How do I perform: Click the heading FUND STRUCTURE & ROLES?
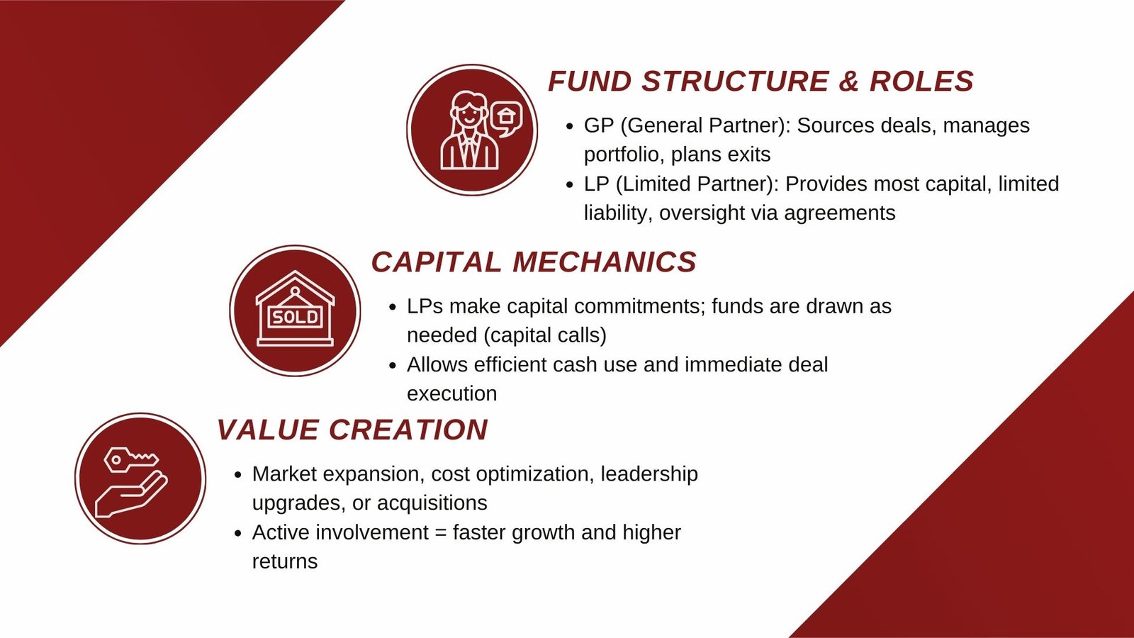click(x=760, y=81)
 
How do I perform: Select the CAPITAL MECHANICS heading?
click(x=534, y=262)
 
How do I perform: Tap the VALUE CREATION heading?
click(x=352, y=430)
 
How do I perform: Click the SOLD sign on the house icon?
click(x=295, y=317)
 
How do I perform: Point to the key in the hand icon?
click(x=130, y=460)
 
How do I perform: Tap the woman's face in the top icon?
click(x=468, y=113)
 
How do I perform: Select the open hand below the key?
click(x=131, y=495)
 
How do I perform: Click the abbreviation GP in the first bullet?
click(x=599, y=125)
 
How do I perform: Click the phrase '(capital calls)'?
click(x=545, y=336)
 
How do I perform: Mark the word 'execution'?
click(x=452, y=394)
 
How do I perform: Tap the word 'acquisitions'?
click(x=432, y=503)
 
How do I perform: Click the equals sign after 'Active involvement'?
click(x=440, y=532)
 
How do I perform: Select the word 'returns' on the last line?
click(x=285, y=561)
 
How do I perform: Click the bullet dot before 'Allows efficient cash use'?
click(x=393, y=366)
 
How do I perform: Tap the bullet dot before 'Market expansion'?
click(x=238, y=475)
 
